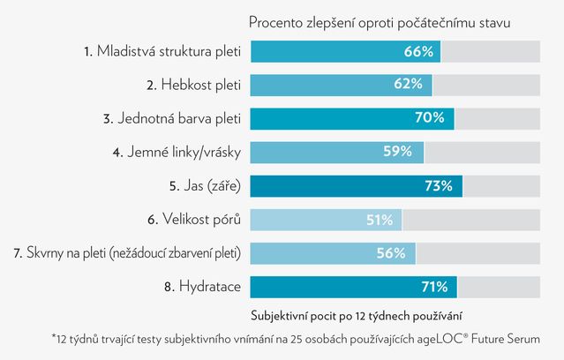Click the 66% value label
point(418,52)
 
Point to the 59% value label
point(397,152)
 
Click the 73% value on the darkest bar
point(439,185)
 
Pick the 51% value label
point(379,219)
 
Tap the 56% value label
point(391,252)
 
